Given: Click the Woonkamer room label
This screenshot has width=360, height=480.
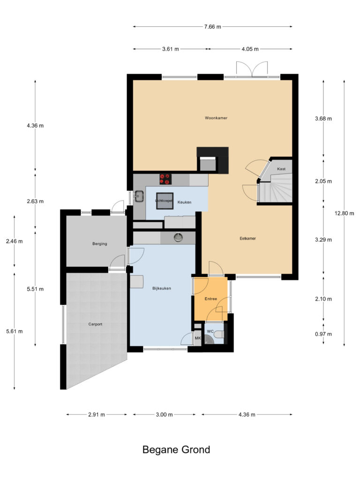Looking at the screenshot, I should click(216, 118).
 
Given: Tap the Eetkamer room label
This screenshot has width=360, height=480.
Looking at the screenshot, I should click(247, 238).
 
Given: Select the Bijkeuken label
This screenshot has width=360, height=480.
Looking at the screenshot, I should click(161, 288).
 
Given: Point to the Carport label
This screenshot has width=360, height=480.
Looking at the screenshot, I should click(95, 324).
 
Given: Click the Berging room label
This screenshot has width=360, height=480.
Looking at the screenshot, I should click(99, 244).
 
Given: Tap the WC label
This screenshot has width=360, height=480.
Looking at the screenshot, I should click(211, 331).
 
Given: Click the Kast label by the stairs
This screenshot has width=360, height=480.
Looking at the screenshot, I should click(281, 169).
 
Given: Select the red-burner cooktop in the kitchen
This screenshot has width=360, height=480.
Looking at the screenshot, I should click(165, 179).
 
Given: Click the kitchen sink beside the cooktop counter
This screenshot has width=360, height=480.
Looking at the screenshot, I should click(139, 196).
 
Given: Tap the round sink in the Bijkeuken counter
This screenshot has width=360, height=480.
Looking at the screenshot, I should click(178, 238).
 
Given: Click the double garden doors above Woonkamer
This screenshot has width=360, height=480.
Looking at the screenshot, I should click(252, 69).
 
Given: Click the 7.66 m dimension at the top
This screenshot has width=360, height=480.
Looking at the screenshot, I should click(213, 27).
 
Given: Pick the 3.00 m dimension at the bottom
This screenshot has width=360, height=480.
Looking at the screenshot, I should click(164, 415).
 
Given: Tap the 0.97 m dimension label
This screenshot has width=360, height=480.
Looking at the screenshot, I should click(323, 334).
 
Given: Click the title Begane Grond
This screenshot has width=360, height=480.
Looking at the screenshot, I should click(176, 450).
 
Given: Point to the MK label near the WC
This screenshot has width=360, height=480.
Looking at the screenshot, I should click(197, 338).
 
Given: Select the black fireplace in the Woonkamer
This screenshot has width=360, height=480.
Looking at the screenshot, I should click(212, 159).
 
